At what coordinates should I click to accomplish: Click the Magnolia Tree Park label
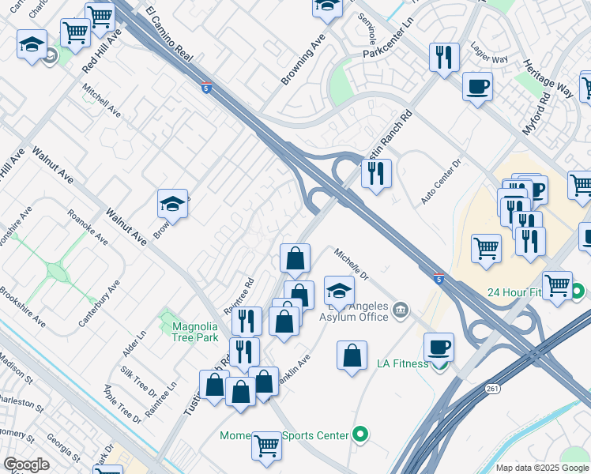194,331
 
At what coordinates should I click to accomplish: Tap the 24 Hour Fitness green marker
578,292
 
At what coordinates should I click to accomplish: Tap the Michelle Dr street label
351,265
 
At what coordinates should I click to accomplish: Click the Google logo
26,465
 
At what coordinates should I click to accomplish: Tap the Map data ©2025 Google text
541,468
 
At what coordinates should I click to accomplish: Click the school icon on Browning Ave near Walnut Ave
172,204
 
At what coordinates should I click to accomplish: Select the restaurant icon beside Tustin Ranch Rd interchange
376,171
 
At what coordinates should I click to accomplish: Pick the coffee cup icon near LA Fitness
439,346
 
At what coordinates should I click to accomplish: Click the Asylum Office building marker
401,308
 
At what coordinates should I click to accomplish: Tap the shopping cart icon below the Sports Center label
266,446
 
